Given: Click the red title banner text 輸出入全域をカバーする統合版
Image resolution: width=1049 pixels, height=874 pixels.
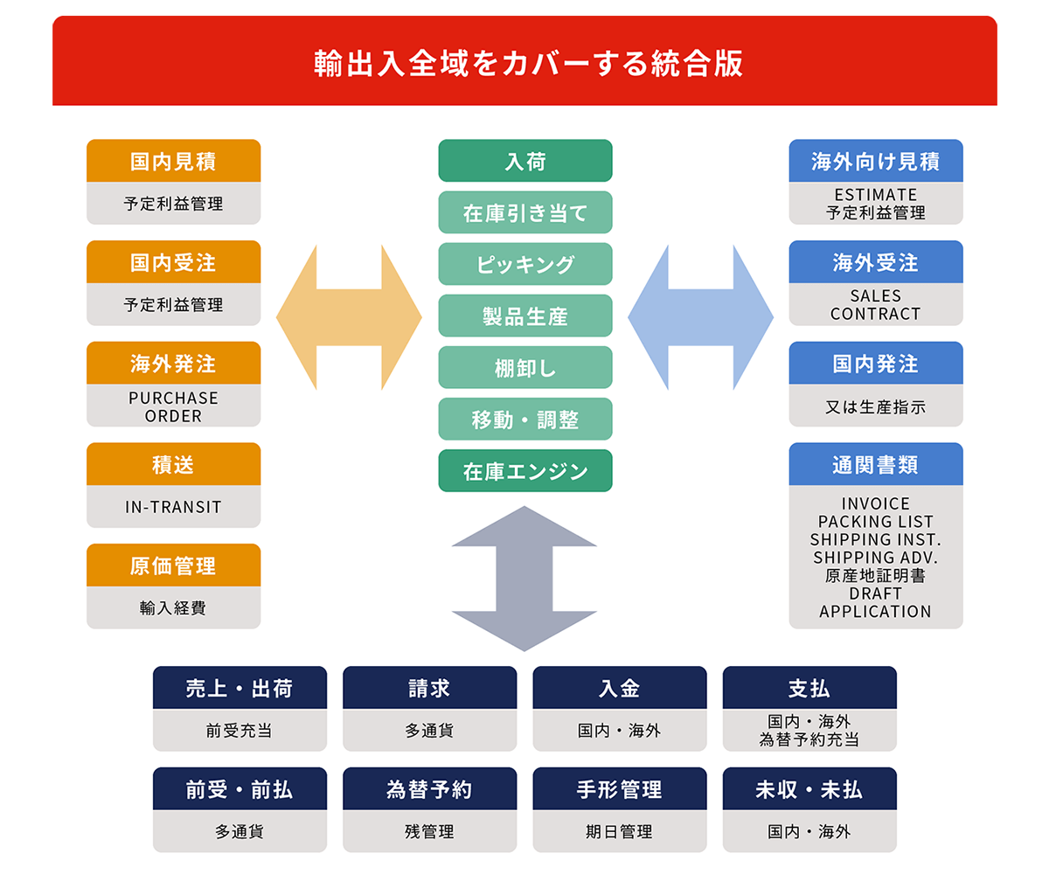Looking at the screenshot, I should tap(524, 64).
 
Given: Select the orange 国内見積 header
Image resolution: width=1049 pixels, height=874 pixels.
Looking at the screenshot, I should tap(173, 161).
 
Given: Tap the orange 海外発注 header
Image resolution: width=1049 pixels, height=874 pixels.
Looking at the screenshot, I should tap(173, 363).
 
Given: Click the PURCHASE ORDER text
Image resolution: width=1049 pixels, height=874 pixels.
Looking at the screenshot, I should tap(173, 406).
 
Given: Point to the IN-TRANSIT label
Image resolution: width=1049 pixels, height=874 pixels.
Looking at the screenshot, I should tap(173, 507).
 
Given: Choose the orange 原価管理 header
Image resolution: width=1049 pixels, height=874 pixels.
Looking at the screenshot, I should tap(173, 565).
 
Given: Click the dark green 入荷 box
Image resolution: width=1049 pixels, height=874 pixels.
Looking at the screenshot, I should tap(524, 161).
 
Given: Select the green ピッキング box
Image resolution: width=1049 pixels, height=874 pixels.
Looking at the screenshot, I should tap(524, 264).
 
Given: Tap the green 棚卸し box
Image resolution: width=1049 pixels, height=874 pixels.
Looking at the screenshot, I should tap(524, 367).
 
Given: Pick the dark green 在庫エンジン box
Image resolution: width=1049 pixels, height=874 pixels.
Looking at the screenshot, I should tap(524, 471).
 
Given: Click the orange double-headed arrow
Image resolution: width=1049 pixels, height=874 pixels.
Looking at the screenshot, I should tap(349, 316).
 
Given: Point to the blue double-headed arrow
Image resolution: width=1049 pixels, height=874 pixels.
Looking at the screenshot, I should tap(700, 316).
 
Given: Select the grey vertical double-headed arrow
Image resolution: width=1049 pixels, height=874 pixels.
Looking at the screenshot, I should tap(524, 579).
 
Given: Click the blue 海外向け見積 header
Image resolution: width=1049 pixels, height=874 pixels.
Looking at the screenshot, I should tap(875, 161).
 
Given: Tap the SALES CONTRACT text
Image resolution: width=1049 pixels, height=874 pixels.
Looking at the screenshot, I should tap(875, 304).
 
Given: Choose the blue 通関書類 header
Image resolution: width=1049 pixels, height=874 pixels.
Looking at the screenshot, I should tap(875, 464).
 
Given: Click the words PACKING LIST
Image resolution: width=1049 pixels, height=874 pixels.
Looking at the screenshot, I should tap(875, 522).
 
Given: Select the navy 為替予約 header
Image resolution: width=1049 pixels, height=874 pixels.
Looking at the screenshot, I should tap(429, 789).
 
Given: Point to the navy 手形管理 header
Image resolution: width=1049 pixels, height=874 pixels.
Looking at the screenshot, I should tap(619, 789).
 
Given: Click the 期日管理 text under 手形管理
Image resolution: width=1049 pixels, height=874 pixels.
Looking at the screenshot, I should tap(619, 832).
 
